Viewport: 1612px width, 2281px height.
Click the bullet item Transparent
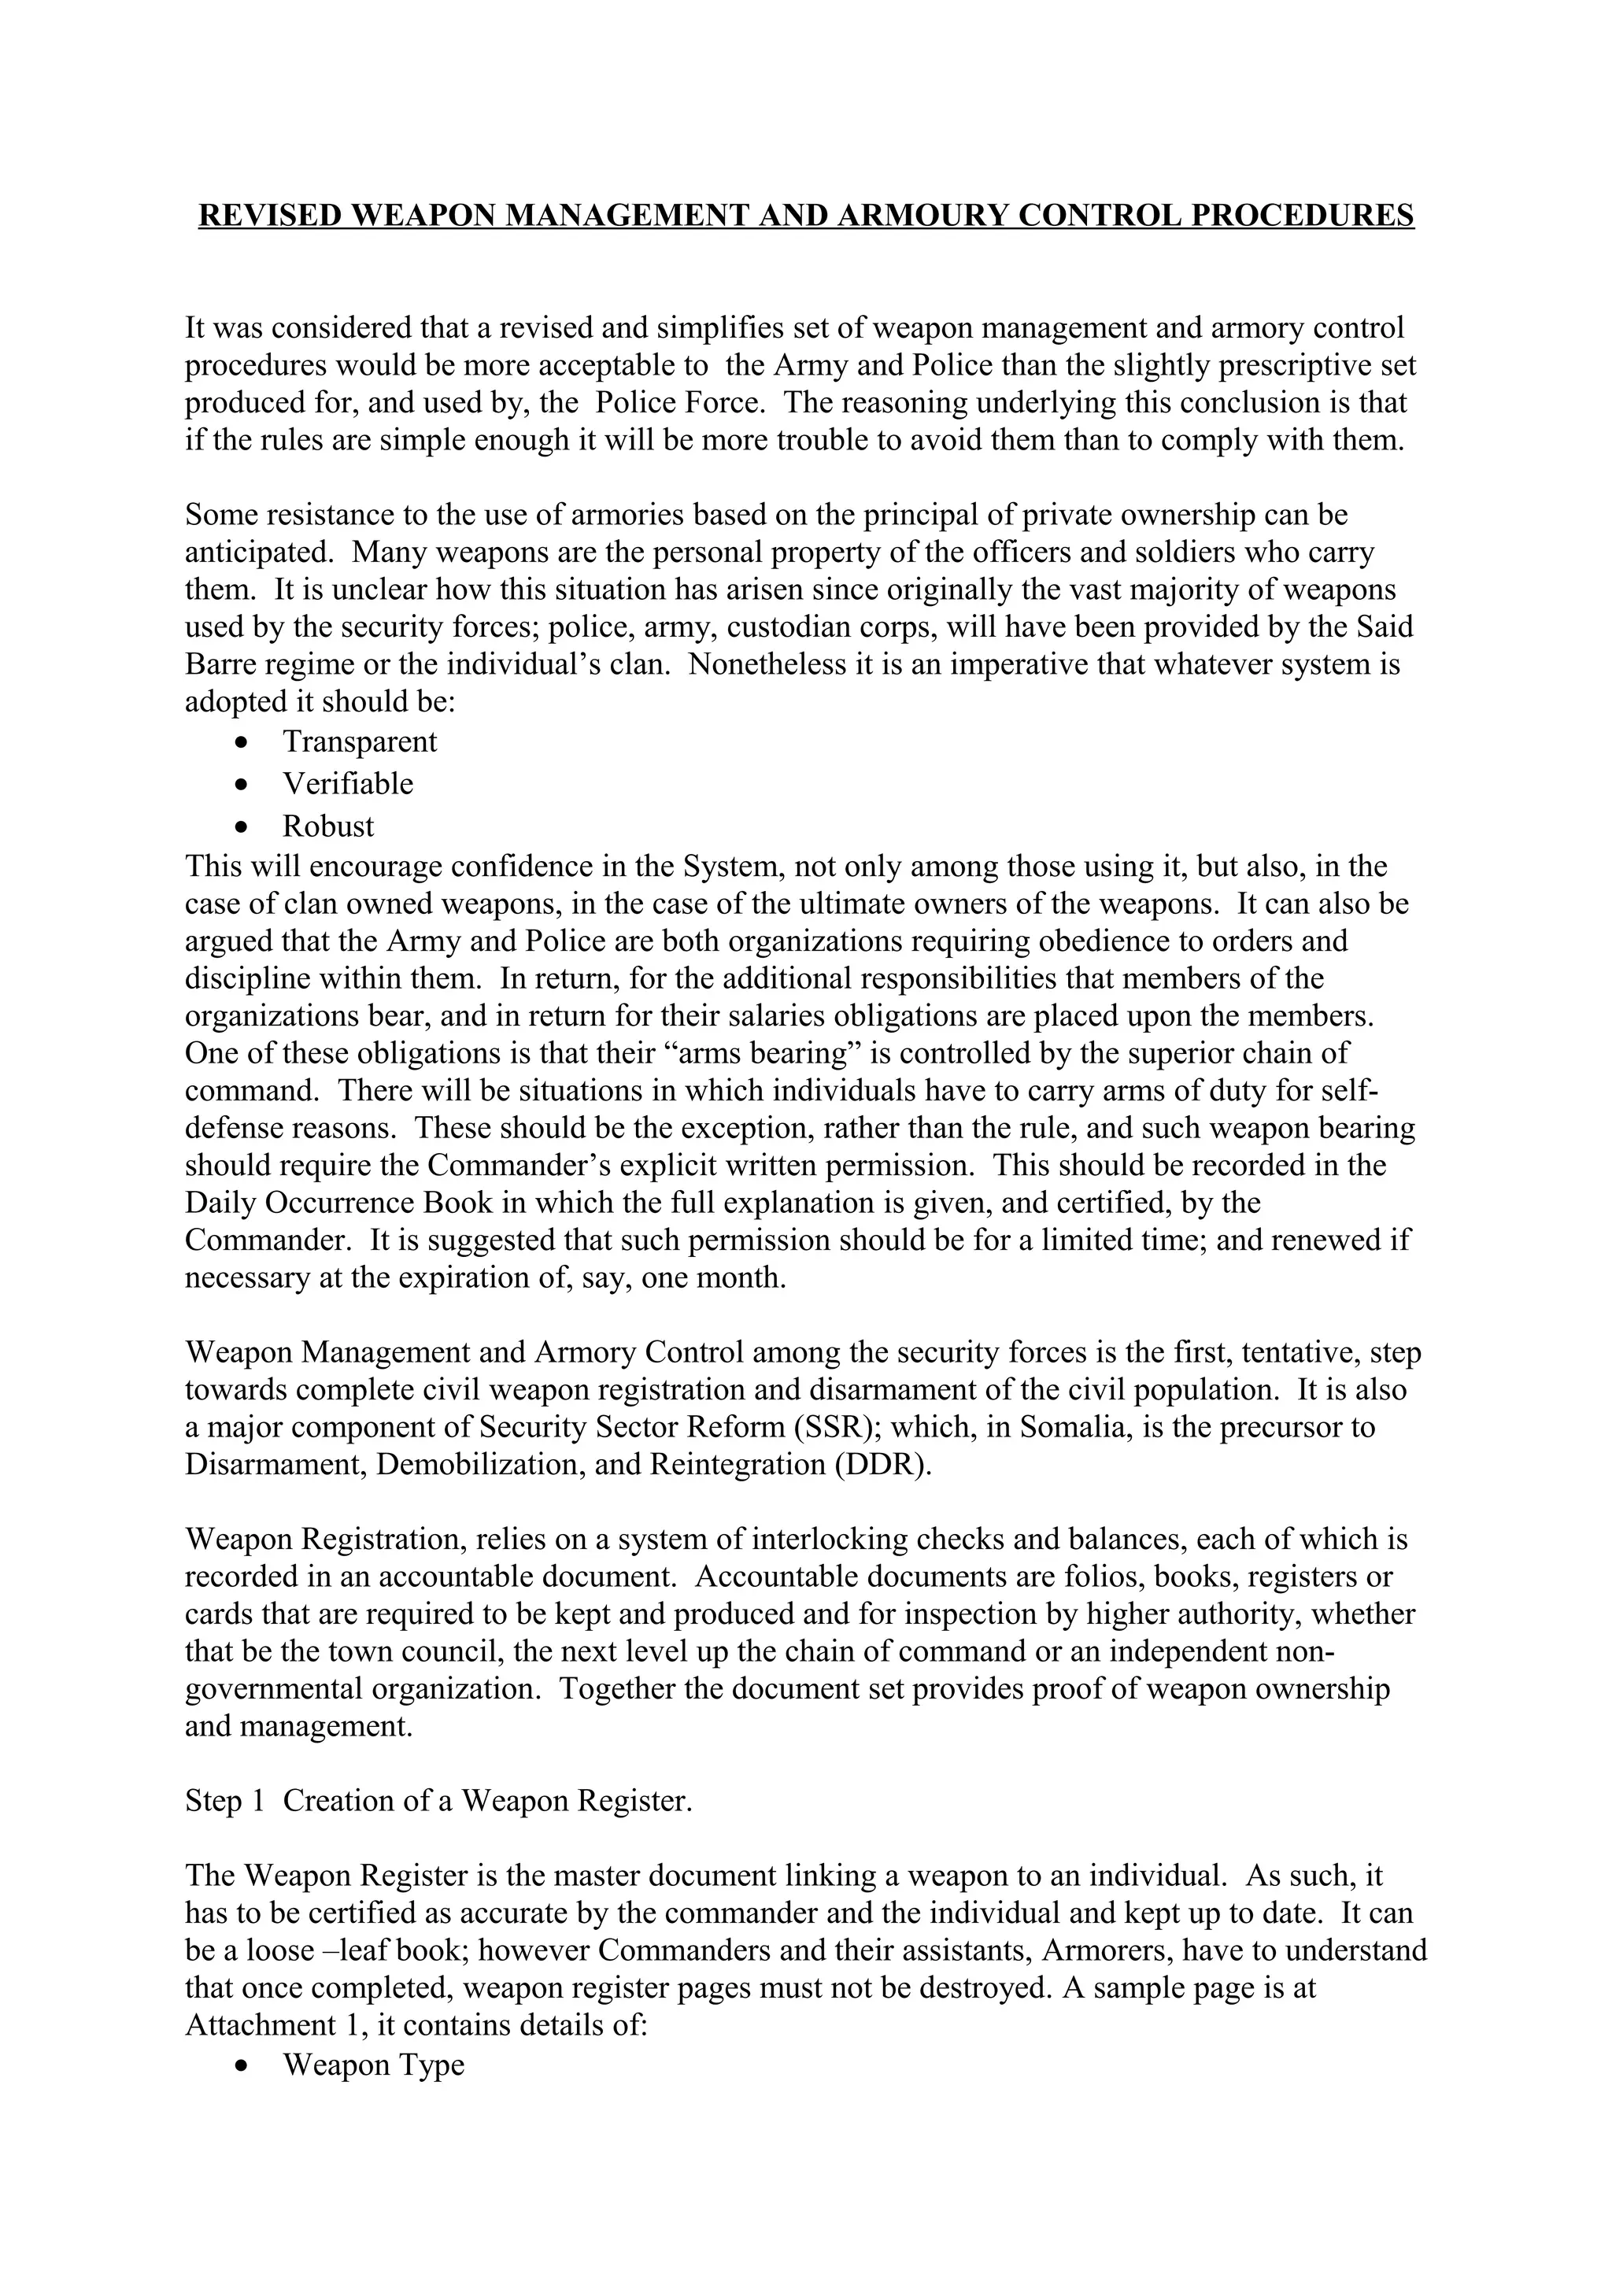(360, 741)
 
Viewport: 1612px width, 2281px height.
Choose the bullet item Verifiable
(348, 784)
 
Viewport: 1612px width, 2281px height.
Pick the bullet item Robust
(329, 826)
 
